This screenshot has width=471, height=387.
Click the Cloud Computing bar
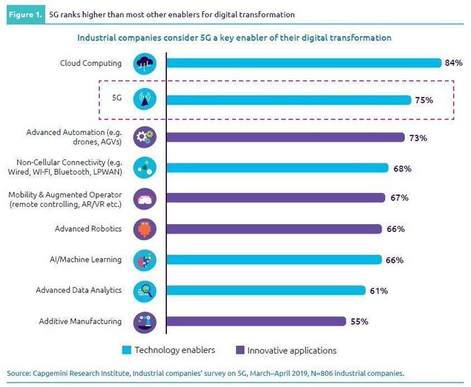303,63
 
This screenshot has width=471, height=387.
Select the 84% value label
454,63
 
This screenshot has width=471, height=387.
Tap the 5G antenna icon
145,100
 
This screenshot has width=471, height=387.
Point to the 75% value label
424,100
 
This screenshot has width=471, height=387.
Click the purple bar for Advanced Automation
285,137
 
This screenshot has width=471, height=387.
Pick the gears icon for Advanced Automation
145,136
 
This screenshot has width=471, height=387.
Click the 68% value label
402,168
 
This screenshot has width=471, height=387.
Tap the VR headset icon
145,198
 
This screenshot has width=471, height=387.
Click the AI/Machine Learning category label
89,260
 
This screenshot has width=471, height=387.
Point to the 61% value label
378,291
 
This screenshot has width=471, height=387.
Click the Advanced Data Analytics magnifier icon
145,291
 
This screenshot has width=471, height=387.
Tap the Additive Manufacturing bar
256,321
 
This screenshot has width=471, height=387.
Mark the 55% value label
359,321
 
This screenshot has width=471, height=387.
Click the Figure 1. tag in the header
26,14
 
